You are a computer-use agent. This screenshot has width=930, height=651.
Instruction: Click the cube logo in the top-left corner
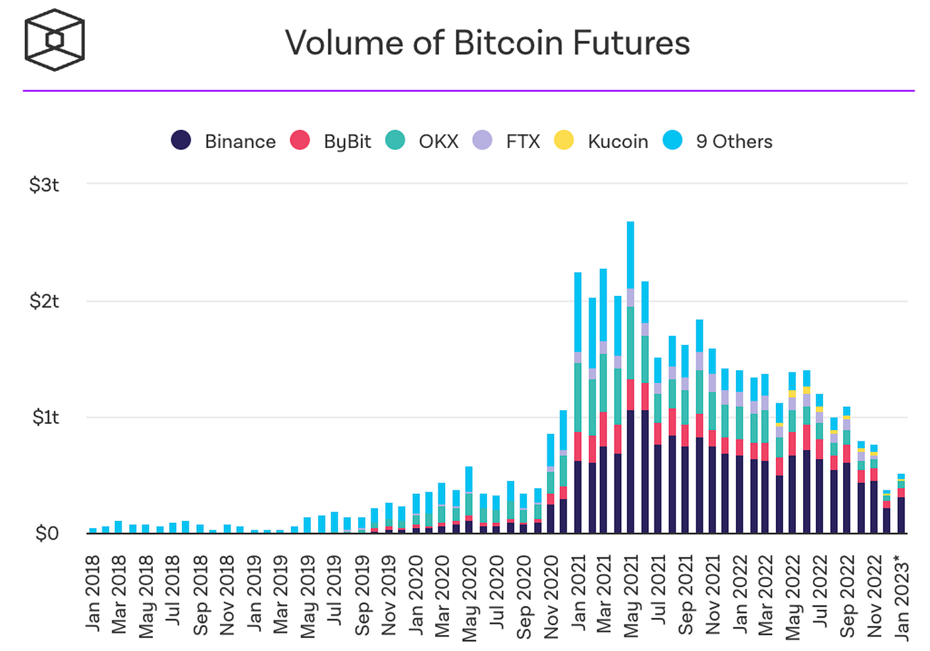point(54,40)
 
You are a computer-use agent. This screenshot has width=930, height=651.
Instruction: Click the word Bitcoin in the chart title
point(509,42)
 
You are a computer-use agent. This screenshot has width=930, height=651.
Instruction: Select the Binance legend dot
point(181,140)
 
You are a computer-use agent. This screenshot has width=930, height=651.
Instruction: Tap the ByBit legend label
point(347,142)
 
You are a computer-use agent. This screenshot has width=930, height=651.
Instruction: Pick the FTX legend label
point(523,141)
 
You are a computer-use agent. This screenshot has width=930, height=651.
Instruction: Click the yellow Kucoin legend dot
point(564,140)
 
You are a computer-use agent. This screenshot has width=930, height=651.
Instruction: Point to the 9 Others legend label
point(734,141)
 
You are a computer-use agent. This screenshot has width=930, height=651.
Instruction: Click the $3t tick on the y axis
point(44,184)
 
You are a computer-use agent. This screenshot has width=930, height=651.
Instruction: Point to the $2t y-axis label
point(44,301)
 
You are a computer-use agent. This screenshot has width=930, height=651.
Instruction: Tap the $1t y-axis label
point(46,417)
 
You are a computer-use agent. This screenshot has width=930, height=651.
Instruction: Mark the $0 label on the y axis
point(47,534)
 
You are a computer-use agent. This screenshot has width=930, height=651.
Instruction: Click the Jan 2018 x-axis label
point(93,593)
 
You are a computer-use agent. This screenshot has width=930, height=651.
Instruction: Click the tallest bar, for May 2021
point(630,378)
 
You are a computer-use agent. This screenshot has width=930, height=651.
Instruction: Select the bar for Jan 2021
point(577,403)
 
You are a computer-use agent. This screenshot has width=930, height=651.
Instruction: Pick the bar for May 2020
point(469,500)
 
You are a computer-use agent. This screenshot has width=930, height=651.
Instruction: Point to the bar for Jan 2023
point(901,504)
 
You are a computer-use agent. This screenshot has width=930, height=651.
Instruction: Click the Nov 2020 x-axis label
point(551,597)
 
